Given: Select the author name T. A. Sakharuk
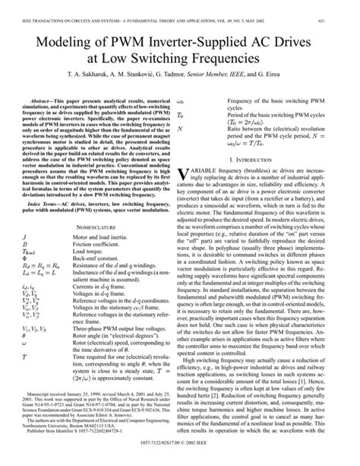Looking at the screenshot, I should pyautogui.click(x=76, y=77).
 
